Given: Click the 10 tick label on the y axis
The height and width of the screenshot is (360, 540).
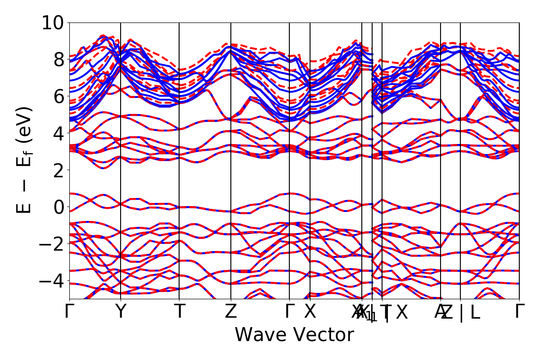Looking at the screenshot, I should [x=53, y=22].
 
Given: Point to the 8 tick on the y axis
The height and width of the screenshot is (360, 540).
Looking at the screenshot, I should [x=58, y=59].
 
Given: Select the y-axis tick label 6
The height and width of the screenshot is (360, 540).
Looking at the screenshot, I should [x=58, y=96].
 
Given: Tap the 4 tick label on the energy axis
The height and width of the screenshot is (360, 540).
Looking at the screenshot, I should [x=58, y=133].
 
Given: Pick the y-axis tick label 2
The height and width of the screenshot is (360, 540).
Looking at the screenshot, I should [x=58, y=170].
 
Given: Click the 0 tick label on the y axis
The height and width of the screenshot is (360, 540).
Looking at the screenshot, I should [x=58, y=207].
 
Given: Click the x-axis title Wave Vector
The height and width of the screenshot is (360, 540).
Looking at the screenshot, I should [x=294, y=335].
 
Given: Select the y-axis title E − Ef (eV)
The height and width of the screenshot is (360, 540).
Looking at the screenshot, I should [x=25, y=160].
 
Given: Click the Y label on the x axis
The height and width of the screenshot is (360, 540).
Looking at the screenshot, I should [x=121, y=311].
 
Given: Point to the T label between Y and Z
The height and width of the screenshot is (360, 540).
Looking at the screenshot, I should [x=180, y=311].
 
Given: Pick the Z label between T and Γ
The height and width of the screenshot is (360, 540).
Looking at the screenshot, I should [x=231, y=311].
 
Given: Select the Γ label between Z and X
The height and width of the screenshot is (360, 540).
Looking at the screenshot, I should [x=289, y=311].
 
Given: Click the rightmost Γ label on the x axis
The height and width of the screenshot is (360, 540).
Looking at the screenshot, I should [x=519, y=311].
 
